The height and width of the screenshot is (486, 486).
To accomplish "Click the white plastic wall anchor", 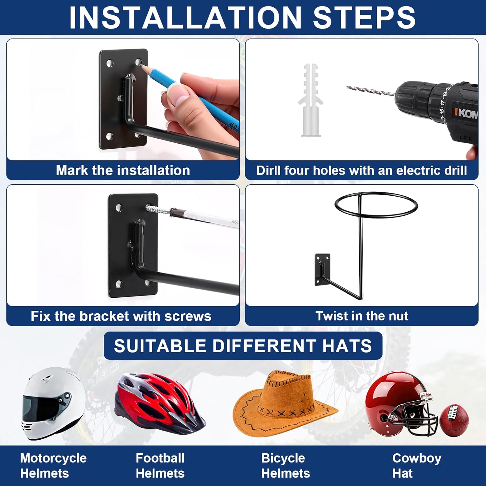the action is (310, 100).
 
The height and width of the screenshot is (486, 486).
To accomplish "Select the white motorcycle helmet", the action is (53, 403).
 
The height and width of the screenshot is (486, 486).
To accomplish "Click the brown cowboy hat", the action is (285, 405).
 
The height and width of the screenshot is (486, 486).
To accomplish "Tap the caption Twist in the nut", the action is (362, 316).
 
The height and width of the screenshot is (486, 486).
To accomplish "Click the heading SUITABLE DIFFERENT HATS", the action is (243, 346).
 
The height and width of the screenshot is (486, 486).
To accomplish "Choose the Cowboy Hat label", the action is (417, 466).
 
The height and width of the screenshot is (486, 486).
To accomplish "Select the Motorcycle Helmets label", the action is (53, 466).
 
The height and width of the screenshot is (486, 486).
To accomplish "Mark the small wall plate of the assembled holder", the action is (322, 270).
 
